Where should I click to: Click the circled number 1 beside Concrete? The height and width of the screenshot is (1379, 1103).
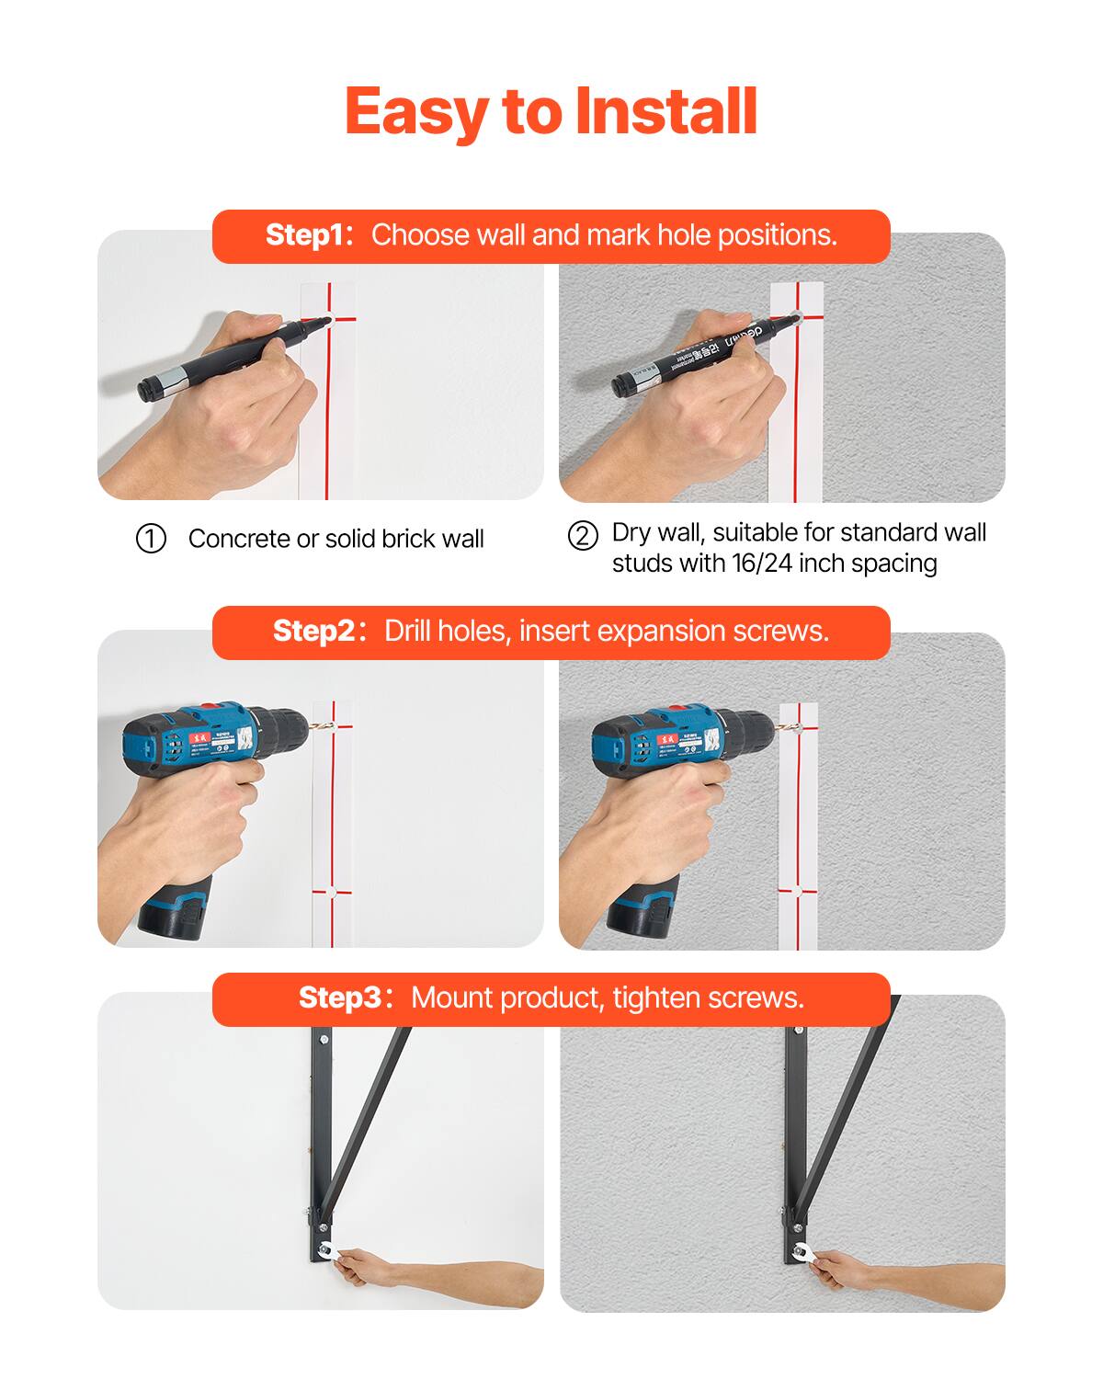151,539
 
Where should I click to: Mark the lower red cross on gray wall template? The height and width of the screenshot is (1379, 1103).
796,890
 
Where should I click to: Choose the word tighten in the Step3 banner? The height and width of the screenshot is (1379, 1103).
657,998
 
